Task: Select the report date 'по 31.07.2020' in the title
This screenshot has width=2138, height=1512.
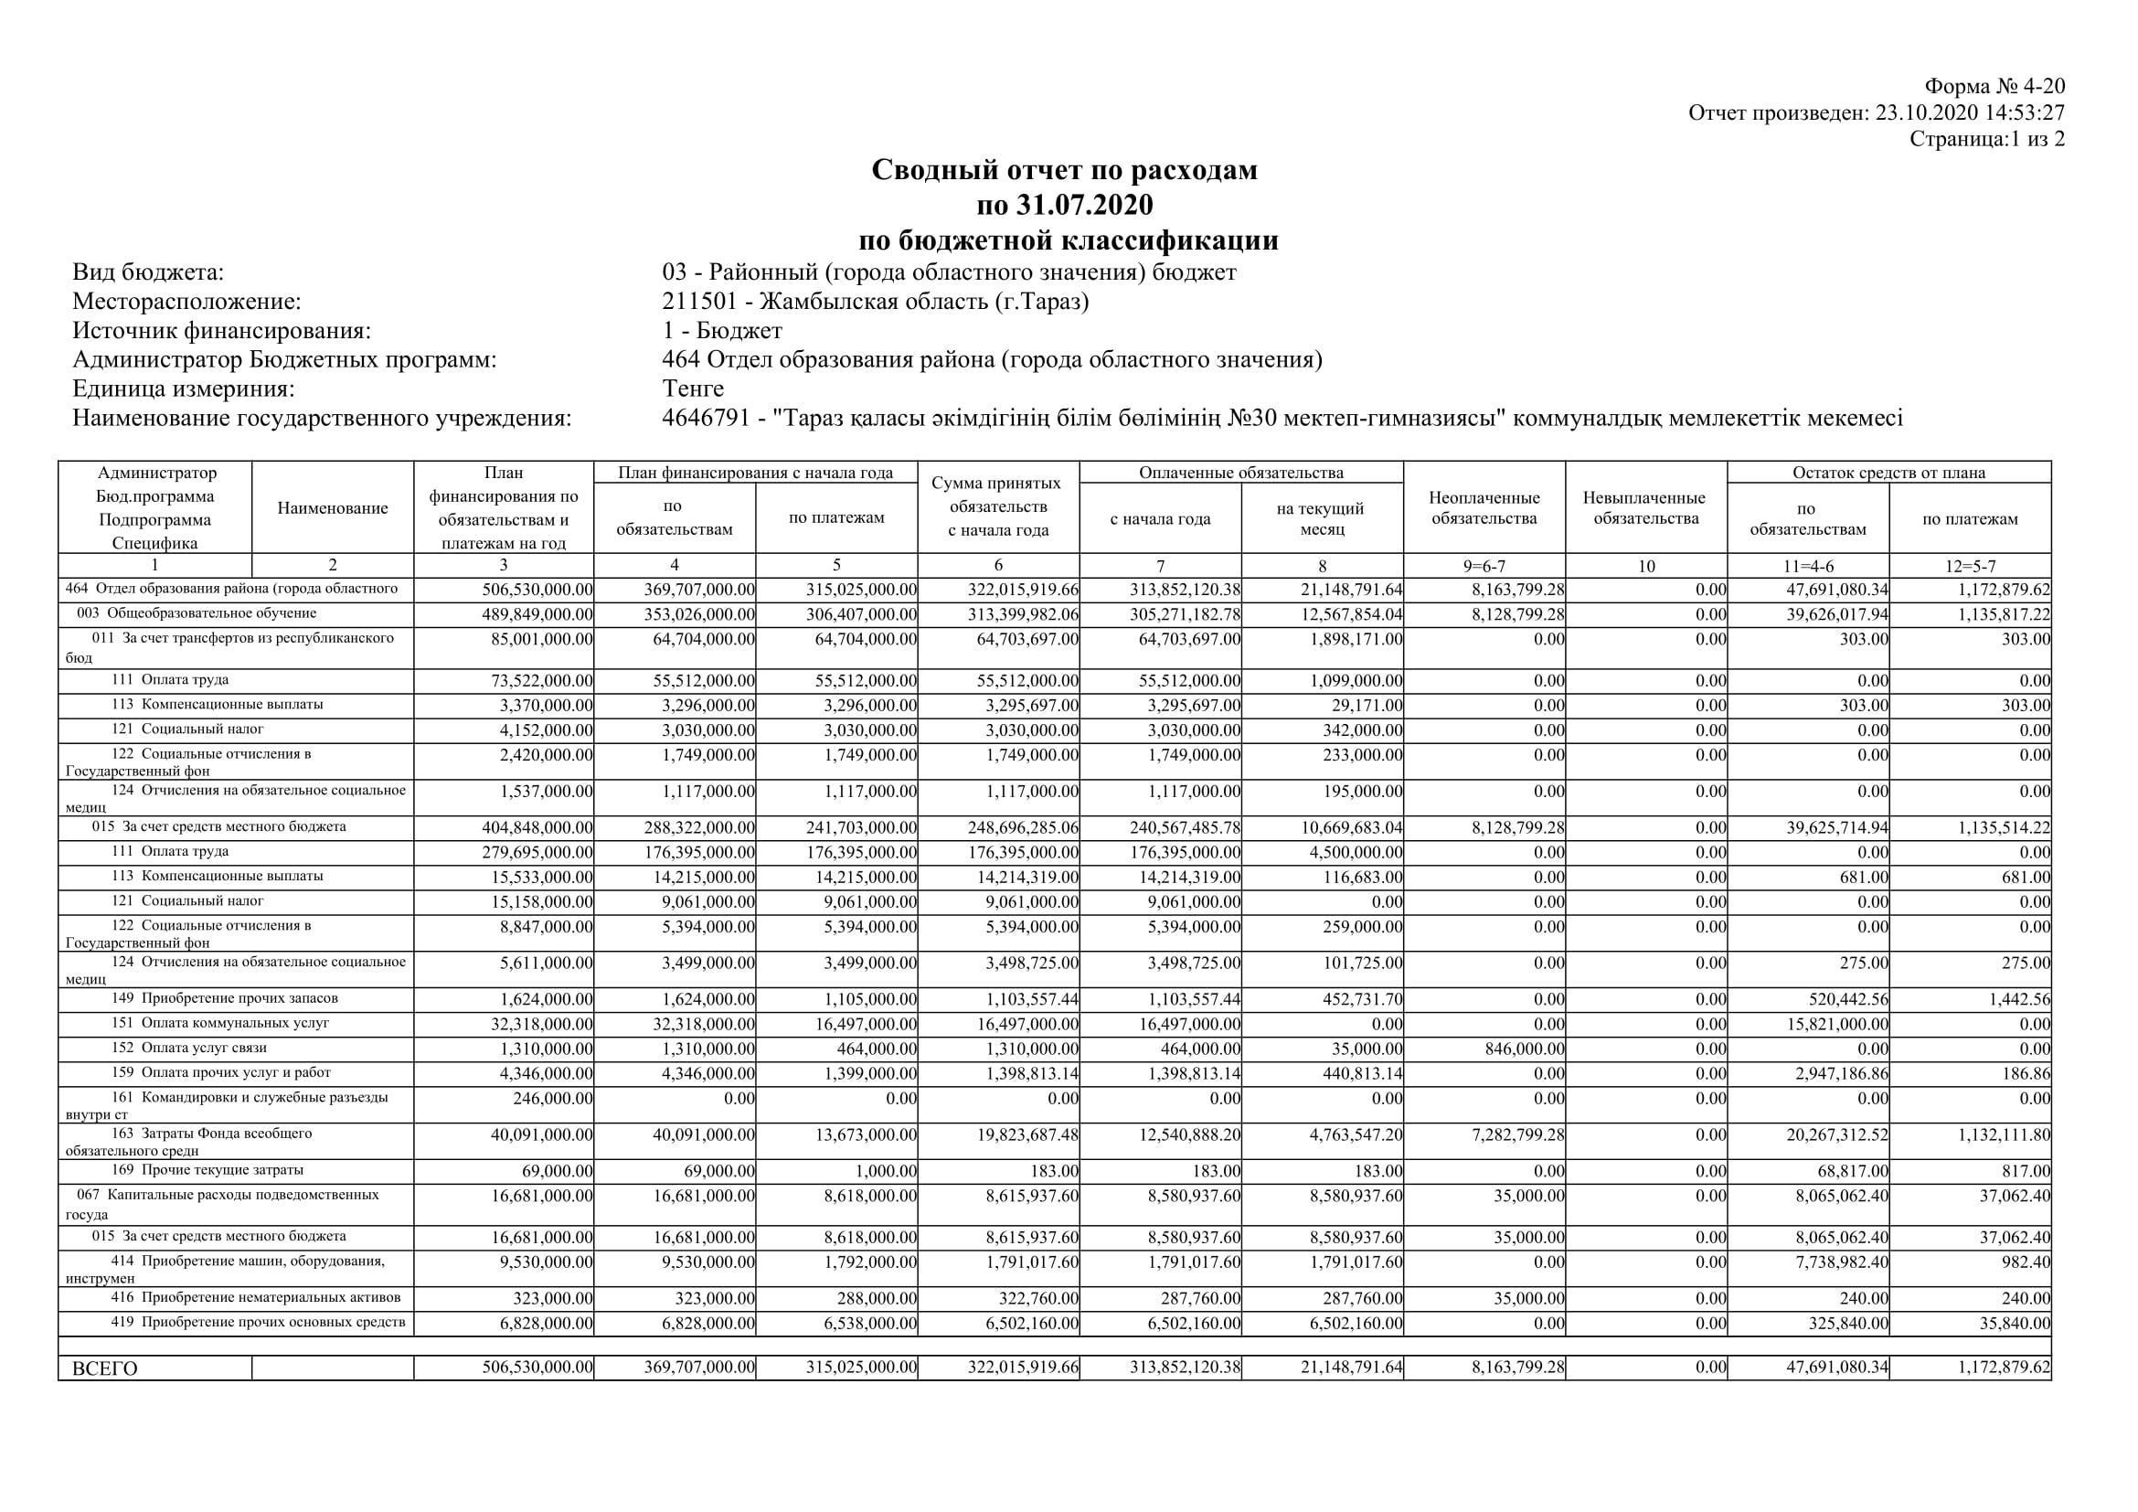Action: pos(1064,204)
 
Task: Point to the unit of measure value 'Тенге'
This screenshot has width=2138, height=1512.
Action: pos(693,389)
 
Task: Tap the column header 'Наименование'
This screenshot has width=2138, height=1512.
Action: pos(333,508)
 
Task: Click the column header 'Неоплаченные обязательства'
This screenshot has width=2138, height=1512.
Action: pos(1484,508)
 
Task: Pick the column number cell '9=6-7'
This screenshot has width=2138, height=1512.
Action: pos(1484,565)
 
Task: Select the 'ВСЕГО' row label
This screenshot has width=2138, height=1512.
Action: pos(105,1368)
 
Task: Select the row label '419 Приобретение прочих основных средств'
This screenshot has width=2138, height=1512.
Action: pos(258,1322)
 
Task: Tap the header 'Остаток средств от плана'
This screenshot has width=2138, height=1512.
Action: pos(1888,473)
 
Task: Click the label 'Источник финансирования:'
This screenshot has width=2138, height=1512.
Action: pos(221,331)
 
